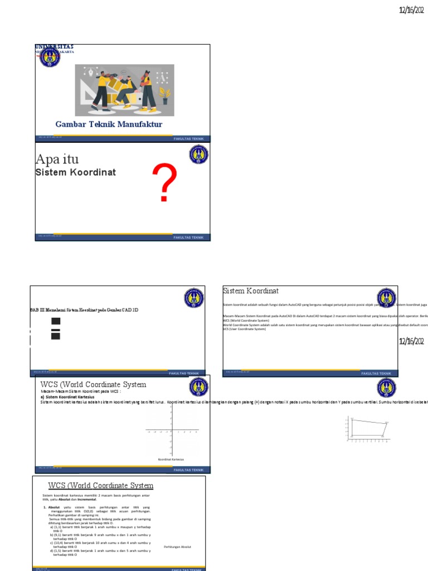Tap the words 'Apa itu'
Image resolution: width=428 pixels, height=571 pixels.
click(57, 159)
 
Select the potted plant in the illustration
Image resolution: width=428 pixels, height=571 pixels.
click(164, 95)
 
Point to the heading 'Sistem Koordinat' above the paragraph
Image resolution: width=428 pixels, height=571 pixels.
click(251, 291)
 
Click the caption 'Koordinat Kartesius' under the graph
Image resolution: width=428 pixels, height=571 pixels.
click(171, 459)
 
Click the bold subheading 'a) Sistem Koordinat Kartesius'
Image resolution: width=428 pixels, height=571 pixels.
click(67, 396)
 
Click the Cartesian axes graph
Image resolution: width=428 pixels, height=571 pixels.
click(171, 430)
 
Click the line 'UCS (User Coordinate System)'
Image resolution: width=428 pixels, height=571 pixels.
click(245, 329)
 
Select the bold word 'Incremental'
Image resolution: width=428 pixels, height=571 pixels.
click(86, 500)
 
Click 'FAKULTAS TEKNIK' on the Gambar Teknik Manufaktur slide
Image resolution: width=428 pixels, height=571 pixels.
click(189, 138)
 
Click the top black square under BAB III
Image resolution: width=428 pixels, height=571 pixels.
click(55, 321)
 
